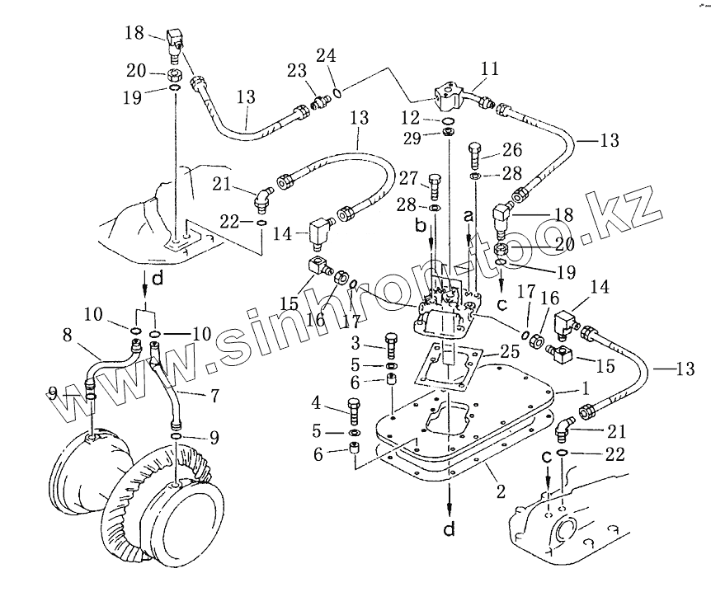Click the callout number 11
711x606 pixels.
point(490,69)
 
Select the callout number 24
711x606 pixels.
point(327,57)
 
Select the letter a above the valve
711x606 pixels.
point(469,214)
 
